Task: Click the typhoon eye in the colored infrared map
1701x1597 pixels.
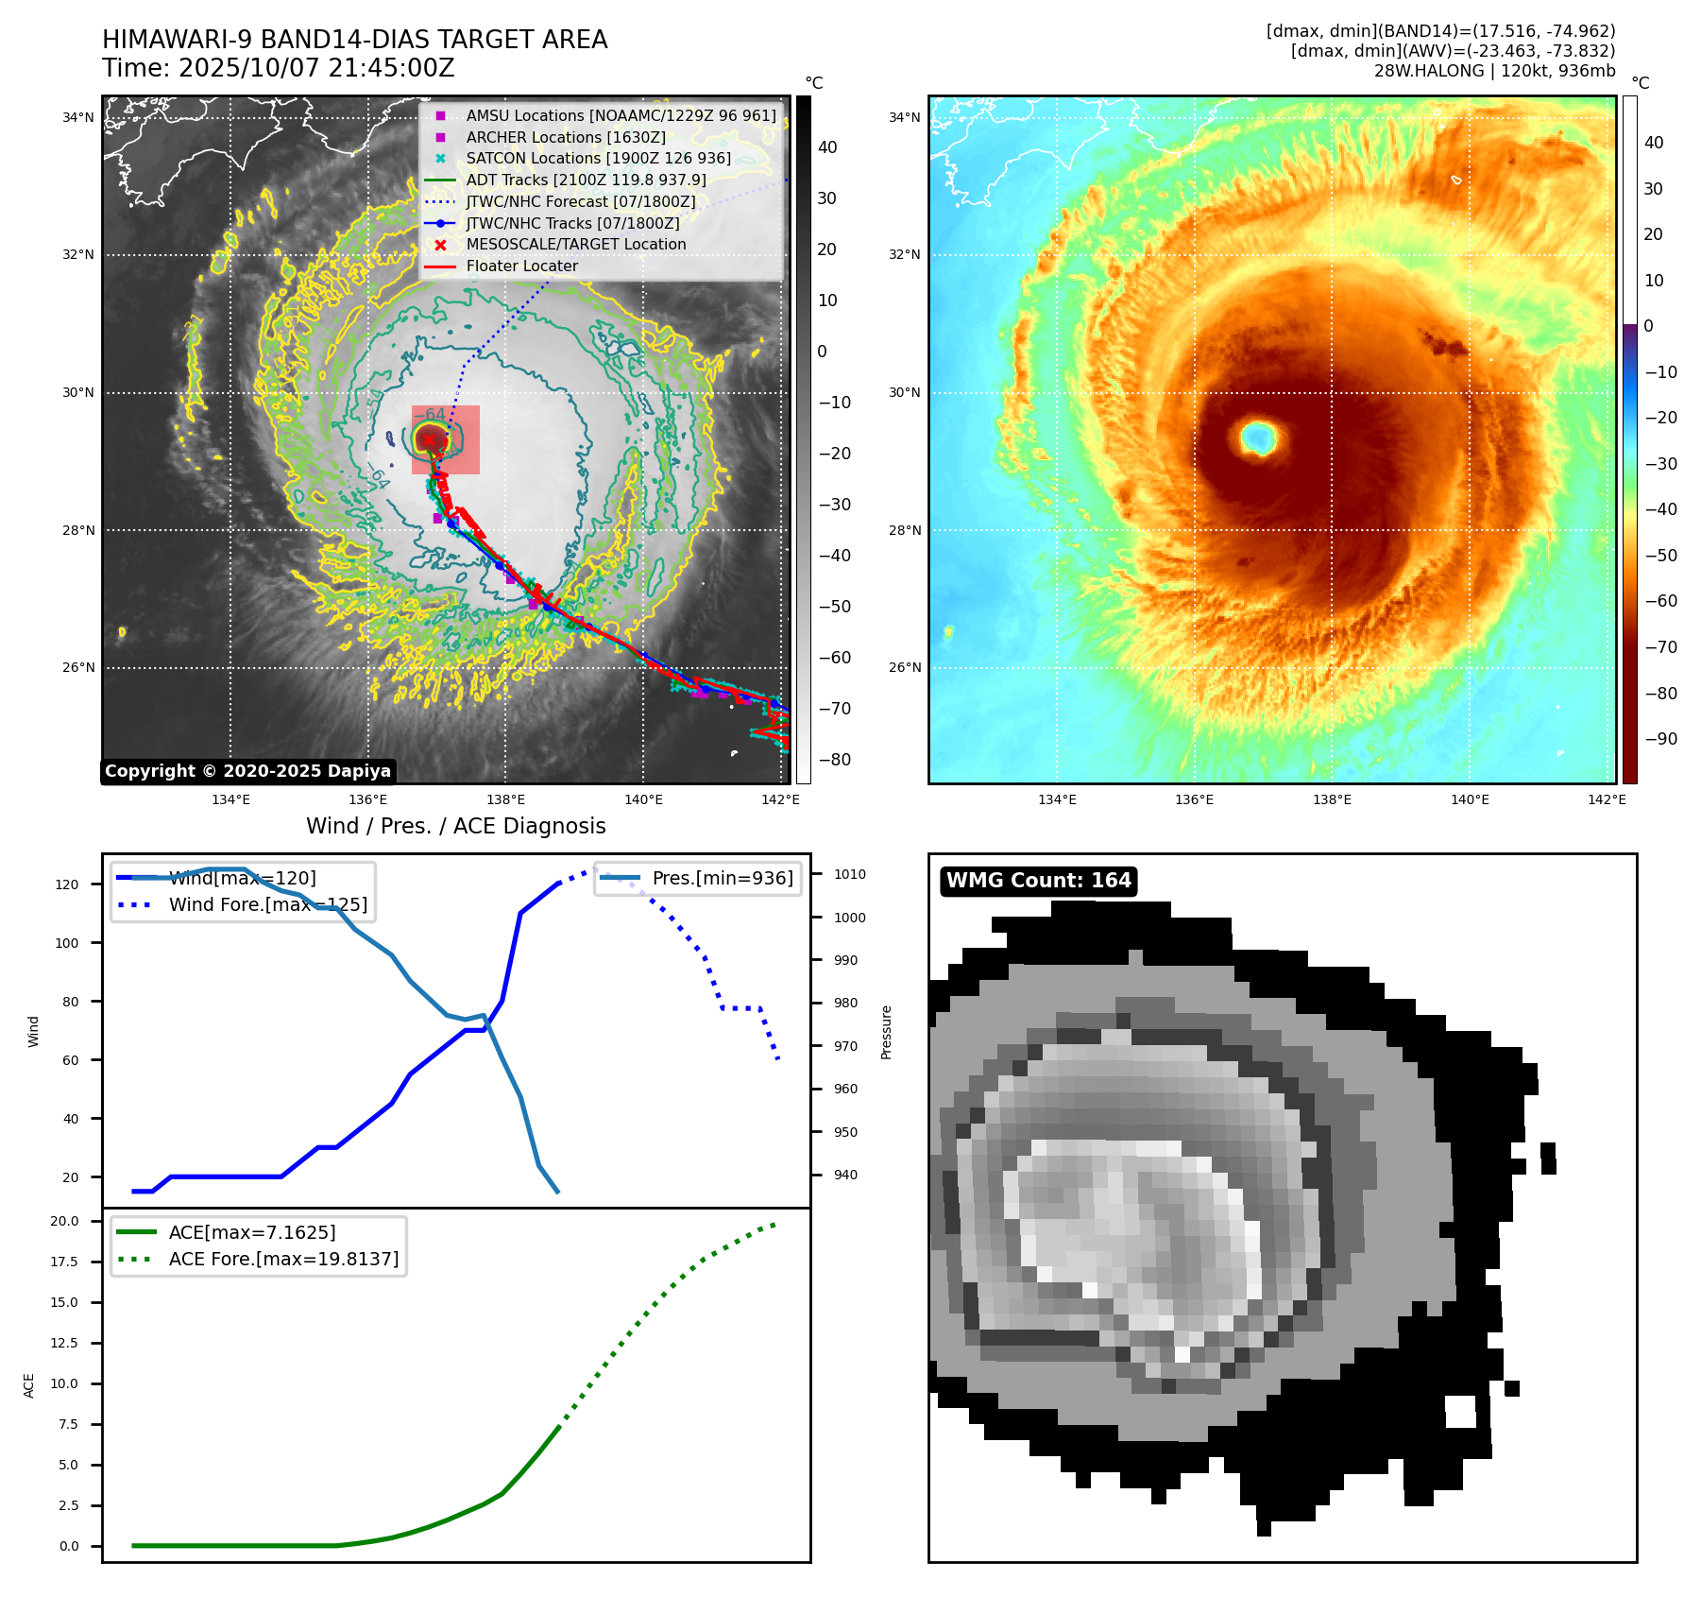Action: [1258, 438]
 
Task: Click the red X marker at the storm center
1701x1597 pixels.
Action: [429, 439]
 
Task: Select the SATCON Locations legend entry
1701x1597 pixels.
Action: [598, 159]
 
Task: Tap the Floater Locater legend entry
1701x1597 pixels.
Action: [521, 266]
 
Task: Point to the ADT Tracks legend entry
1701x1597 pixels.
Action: [586, 180]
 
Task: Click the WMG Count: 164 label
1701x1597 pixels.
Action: [1038, 881]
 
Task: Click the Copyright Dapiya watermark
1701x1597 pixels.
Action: [247, 771]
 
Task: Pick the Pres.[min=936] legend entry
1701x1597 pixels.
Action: [723, 879]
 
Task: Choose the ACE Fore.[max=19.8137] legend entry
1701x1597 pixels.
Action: [283, 1260]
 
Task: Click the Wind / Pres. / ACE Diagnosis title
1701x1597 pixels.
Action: [455, 826]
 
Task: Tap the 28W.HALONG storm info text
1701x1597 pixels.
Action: [1494, 71]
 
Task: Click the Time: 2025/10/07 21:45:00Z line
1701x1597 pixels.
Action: [279, 68]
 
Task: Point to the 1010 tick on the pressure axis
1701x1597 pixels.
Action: [849, 874]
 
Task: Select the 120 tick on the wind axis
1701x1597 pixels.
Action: [67, 885]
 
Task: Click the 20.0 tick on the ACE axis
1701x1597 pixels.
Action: [64, 1221]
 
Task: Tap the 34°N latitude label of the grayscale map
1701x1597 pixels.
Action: [78, 118]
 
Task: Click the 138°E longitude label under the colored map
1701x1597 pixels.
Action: [1332, 799]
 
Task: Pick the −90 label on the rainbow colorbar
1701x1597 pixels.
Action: [1659, 739]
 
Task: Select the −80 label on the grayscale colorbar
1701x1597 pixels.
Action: [834, 760]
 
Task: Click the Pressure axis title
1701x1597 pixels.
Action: [886, 1032]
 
